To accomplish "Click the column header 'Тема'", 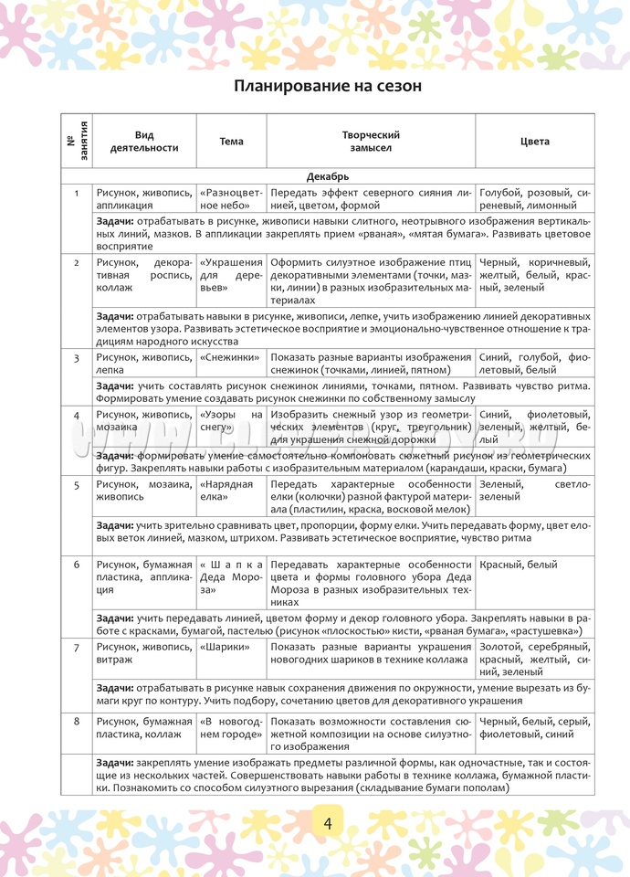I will (232, 142).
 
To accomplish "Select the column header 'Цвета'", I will (534, 142).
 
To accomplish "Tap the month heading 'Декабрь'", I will (328, 176).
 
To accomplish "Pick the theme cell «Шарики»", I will (221, 647).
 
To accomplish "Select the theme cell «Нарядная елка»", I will (226, 490).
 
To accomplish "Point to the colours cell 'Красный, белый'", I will (518, 565).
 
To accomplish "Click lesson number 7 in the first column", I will (77, 647).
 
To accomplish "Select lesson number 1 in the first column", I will (77, 193).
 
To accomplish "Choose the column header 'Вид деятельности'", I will (144, 142).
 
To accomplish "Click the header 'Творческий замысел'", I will (371, 142).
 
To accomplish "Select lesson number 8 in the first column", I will (77, 722).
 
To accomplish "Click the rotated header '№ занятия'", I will (77, 141).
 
